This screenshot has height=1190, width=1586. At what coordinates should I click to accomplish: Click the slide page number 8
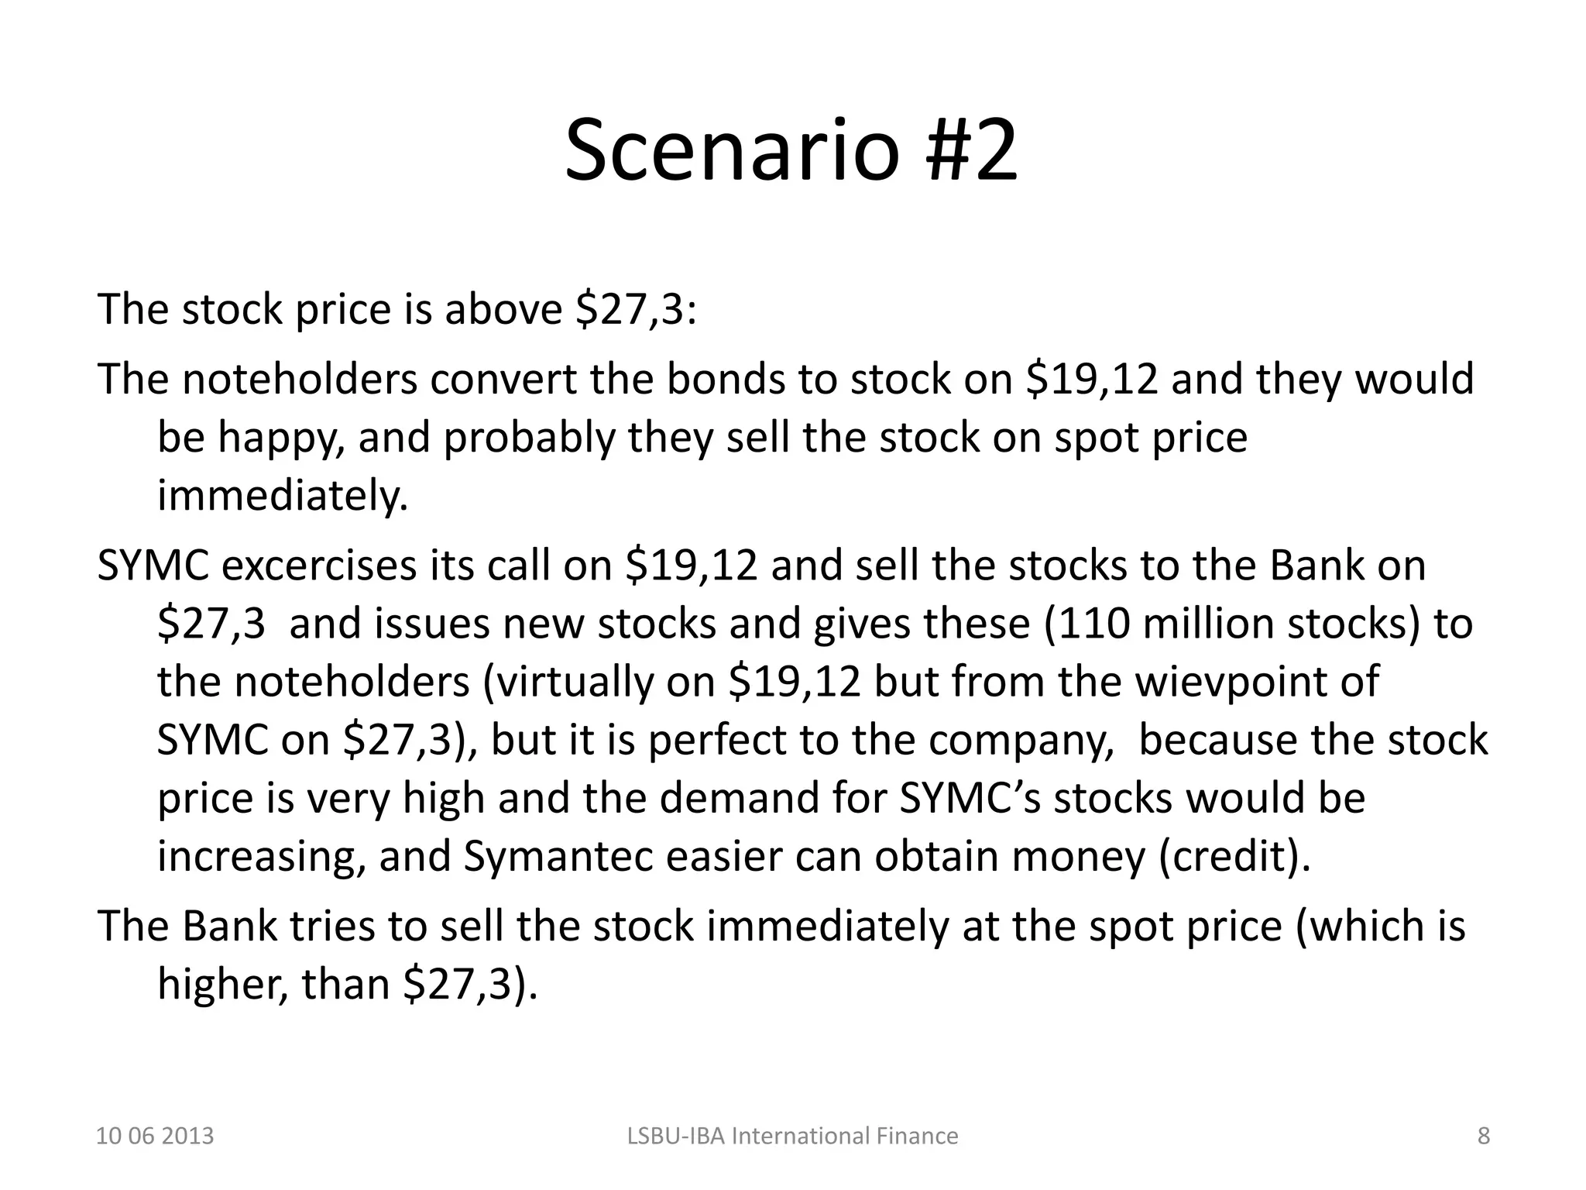1483,1136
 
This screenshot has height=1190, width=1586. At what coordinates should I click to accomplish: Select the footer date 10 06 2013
155,1136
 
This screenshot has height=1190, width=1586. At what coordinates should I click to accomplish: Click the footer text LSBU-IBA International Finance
792,1136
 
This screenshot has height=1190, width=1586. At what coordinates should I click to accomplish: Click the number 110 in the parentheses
1093,623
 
